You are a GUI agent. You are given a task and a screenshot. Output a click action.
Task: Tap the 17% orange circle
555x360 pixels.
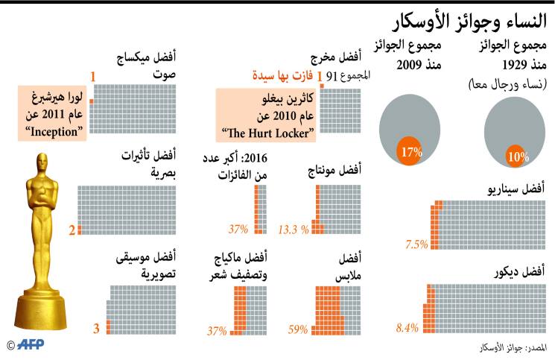coord(410,152)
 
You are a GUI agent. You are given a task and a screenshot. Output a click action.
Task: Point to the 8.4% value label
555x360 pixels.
coord(409,326)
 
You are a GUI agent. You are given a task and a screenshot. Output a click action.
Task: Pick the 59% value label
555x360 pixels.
coord(298,329)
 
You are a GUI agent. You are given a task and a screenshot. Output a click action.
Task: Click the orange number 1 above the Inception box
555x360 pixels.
coord(93,76)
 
